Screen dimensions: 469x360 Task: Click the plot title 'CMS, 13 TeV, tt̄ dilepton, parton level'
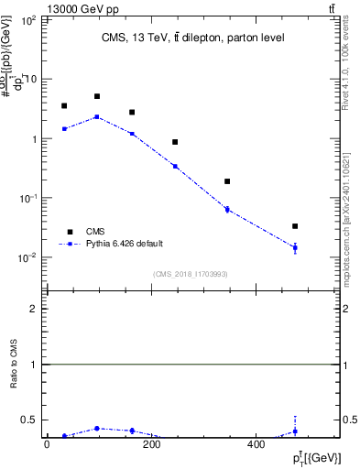click(192, 38)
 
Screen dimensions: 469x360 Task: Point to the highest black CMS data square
click(96, 96)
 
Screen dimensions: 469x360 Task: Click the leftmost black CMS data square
click(64, 106)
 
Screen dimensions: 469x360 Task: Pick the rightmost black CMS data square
click(295, 225)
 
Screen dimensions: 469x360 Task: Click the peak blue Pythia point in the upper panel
click(96, 116)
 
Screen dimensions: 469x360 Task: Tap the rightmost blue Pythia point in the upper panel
click(295, 247)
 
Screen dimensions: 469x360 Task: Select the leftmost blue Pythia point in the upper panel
click(64, 129)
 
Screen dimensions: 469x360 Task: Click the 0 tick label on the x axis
click(47, 445)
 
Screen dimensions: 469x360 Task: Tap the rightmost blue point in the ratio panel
click(295, 431)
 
